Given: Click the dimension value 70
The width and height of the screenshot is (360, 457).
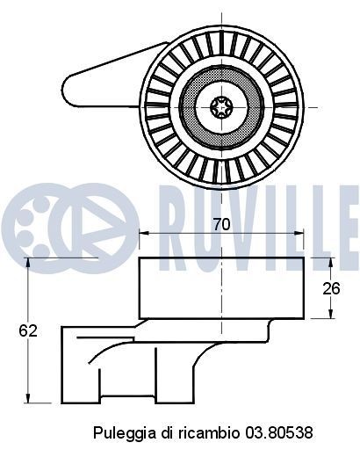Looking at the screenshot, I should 221,224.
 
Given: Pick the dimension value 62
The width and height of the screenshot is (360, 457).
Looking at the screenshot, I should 28,330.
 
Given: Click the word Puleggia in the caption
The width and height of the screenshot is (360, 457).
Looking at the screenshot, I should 119,433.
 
